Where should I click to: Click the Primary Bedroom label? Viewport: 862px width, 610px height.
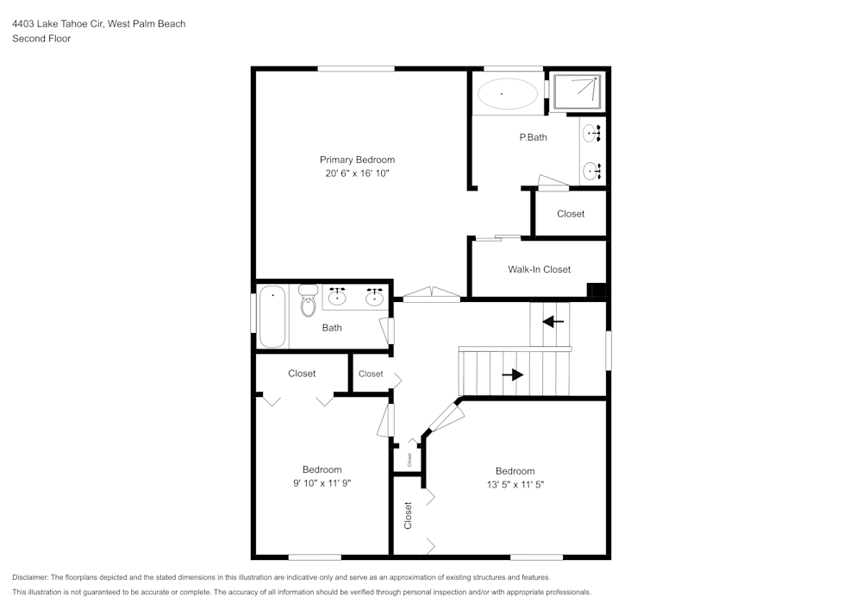pos(357,160)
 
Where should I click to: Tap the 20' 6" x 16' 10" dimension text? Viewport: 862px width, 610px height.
pos(357,173)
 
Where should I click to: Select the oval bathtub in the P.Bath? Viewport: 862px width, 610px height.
pos(508,93)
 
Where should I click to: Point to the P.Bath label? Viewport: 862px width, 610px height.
pos(533,137)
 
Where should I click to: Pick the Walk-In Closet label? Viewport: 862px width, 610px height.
pos(539,269)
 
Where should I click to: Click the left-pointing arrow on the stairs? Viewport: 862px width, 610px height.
pos(553,322)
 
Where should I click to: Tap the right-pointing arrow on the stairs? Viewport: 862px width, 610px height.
pos(513,374)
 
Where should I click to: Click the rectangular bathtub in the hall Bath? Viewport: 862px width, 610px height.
pos(272,317)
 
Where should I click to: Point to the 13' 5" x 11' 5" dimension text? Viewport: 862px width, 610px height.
pos(515,485)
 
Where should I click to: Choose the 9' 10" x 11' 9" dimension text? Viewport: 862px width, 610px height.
pos(322,483)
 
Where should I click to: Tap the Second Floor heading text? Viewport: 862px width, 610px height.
pos(41,39)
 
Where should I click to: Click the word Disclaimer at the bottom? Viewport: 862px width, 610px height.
pos(30,577)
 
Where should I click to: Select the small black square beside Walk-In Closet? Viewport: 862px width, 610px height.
pos(596,290)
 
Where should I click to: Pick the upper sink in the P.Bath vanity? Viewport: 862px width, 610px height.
pos(591,134)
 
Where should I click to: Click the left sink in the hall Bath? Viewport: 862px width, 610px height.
pos(336,299)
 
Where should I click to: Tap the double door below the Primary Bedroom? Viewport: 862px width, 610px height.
pos(432,296)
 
